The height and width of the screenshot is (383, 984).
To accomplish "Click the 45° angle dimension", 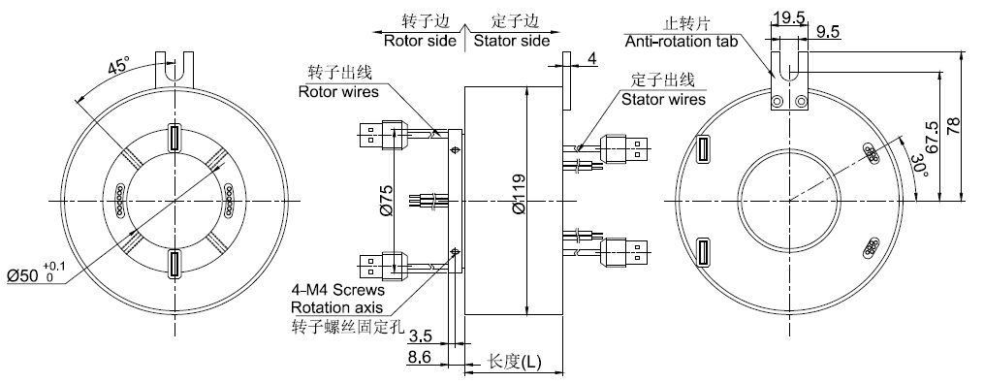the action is [x=118, y=66].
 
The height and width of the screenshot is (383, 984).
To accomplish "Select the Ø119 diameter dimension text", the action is [x=519, y=193].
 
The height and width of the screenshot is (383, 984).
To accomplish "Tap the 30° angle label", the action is [x=918, y=166].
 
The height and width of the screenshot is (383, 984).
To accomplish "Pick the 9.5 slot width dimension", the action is [x=828, y=32].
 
